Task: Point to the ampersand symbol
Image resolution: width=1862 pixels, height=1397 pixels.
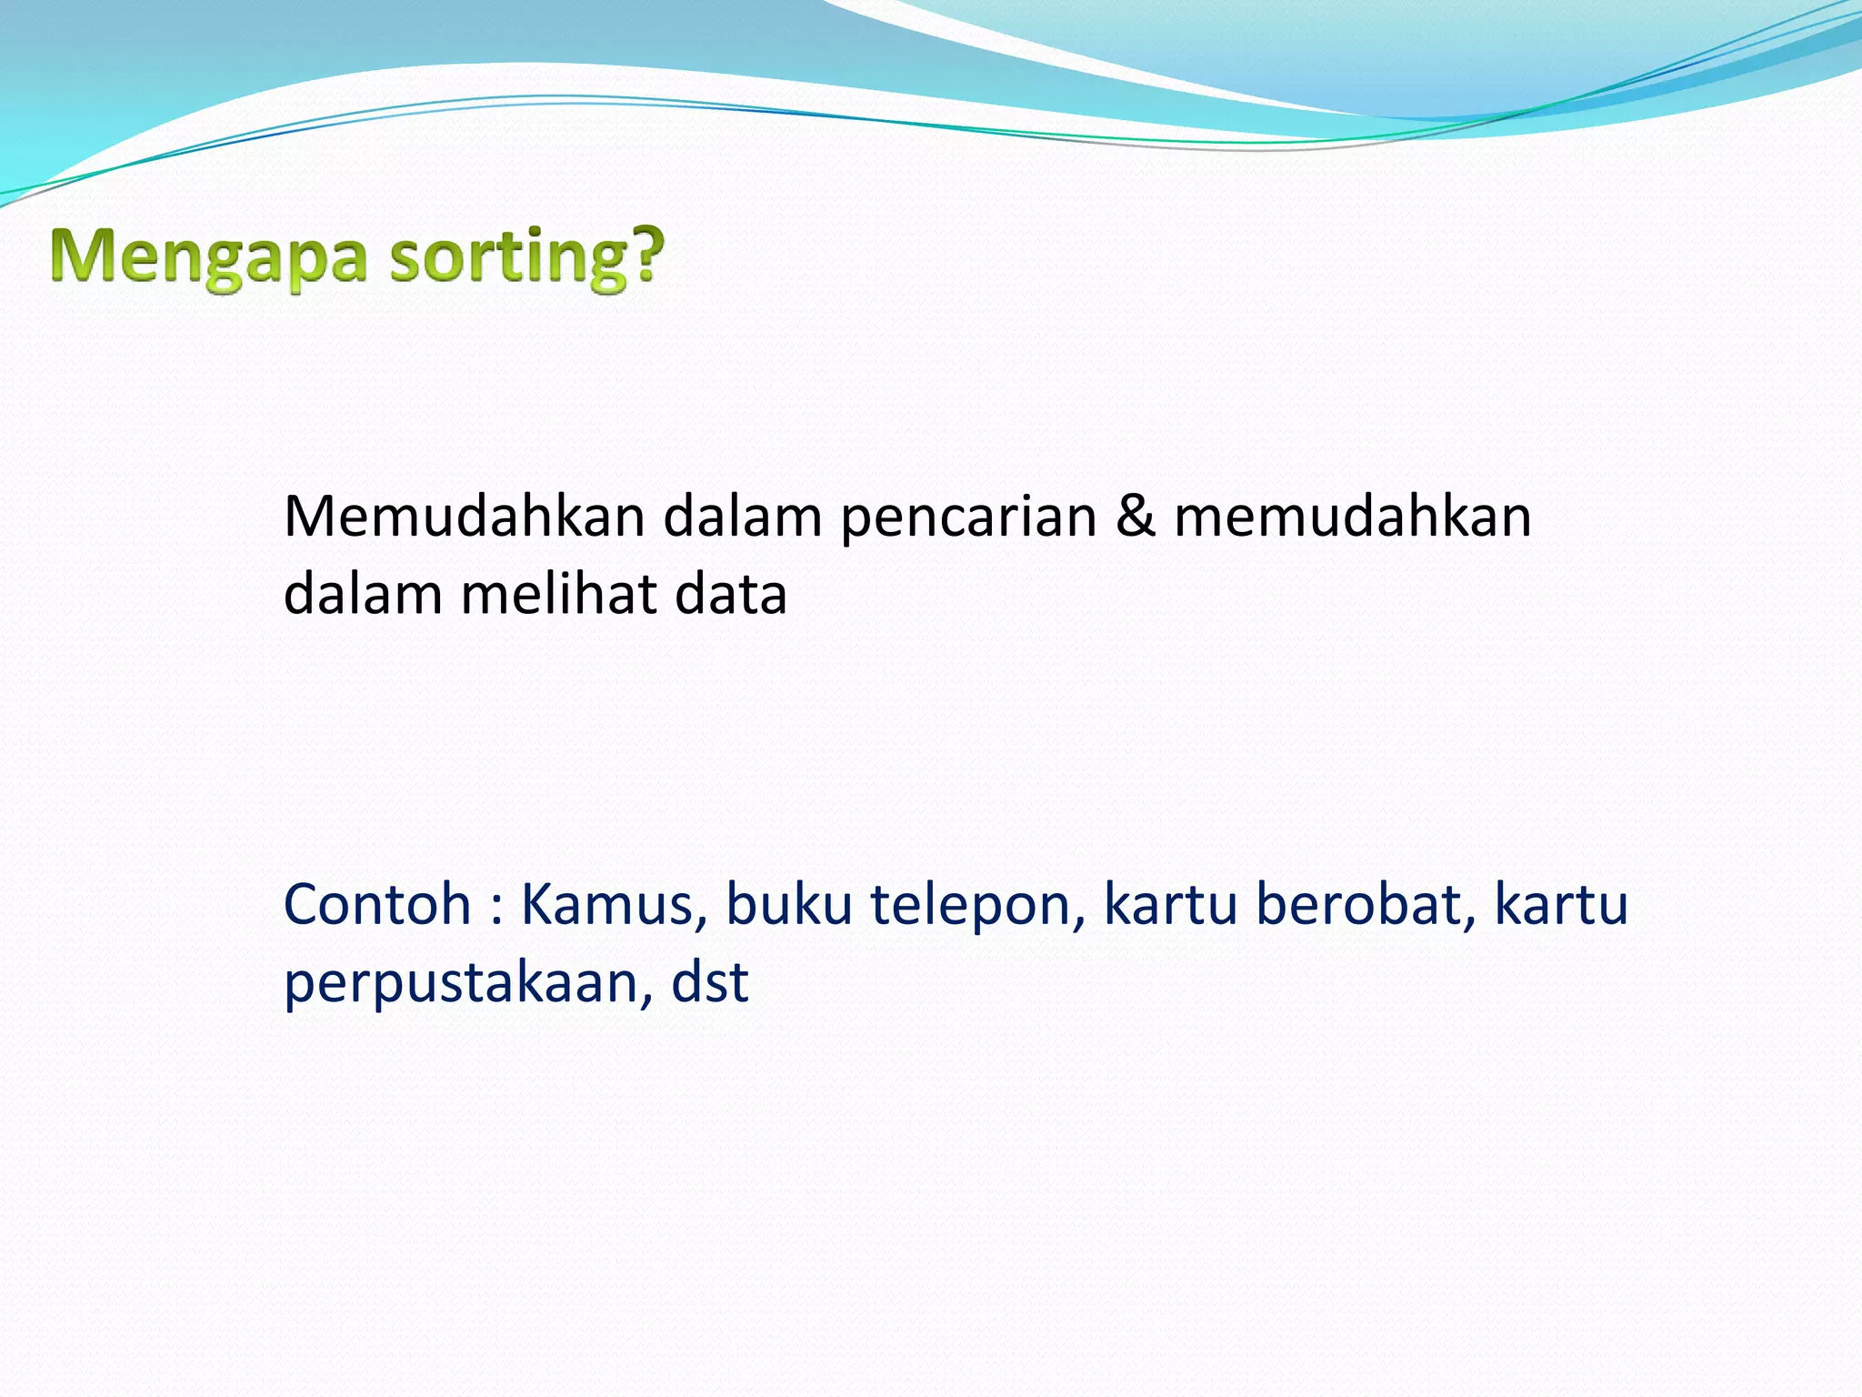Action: click(1136, 517)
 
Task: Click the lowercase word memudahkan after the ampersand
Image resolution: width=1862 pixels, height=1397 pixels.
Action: click(1353, 517)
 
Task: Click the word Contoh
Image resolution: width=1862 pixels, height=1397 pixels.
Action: click(377, 905)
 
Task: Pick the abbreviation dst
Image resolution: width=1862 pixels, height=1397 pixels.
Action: click(709, 982)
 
